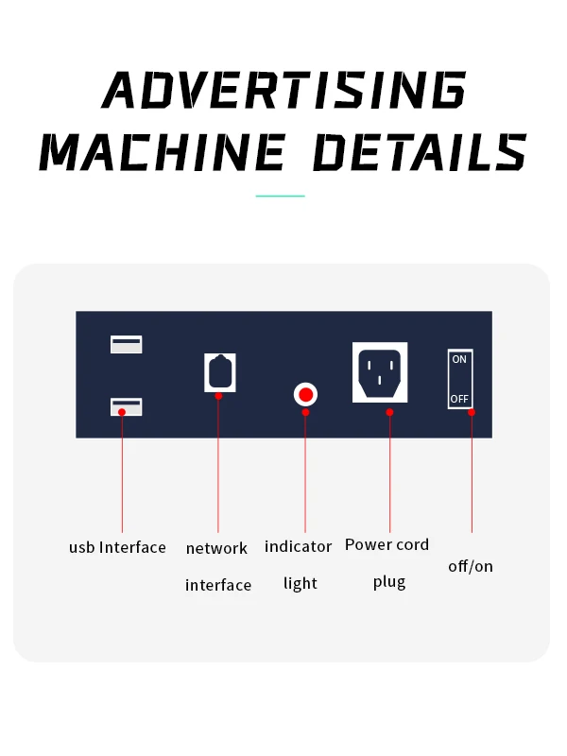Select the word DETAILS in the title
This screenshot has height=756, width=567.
(420, 153)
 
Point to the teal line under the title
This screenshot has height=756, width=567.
(281, 196)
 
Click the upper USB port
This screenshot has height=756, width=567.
(126, 345)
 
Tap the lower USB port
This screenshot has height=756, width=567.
(126, 407)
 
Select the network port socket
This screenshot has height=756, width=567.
(218, 372)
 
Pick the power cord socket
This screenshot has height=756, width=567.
(380, 373)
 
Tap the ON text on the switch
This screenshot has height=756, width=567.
(459, 360)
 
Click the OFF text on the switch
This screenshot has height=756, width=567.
(459, 399)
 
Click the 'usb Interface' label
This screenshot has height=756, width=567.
(117, 547)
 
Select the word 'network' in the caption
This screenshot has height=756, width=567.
(216, 548)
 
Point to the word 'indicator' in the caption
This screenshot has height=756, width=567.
(299, 546)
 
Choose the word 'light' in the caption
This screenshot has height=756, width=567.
(301, 583)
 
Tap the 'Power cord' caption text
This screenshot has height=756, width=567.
(387, 544)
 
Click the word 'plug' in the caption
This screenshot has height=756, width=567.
(388, 581)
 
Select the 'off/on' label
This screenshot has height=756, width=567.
(471, 566)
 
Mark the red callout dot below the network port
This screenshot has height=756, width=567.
(218, 396)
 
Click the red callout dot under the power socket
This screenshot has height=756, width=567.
(389, 412)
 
